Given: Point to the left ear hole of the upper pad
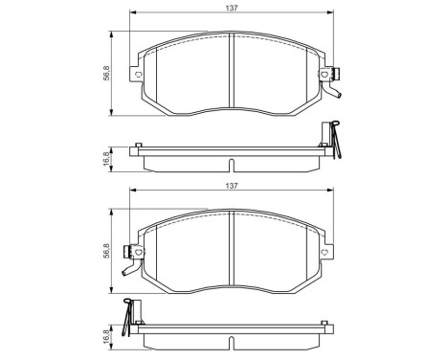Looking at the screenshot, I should pos(140,75).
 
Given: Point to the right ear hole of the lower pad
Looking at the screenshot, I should pos(327,252).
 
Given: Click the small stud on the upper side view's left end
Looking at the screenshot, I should pos(140,146).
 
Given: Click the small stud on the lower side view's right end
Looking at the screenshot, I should pos(327,325).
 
